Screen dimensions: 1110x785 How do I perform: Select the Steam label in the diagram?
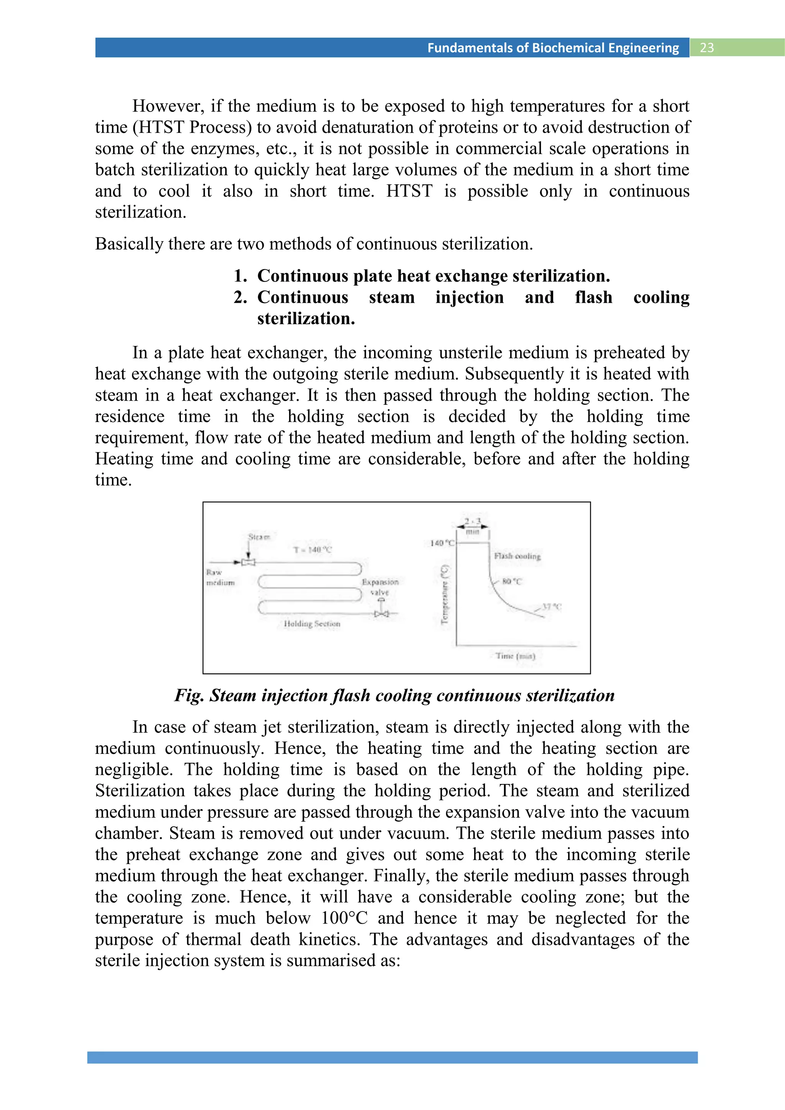(x=259, y=537)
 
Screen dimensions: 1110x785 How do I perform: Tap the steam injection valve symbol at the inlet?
(x=248, y=562)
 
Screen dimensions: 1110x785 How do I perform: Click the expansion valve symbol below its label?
(x=382, y=614)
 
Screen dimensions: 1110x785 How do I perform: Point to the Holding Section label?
(x=312, y=624)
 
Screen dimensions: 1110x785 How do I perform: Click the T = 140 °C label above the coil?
(x=313, y=550)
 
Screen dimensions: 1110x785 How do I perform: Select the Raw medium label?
(x=220, y=577)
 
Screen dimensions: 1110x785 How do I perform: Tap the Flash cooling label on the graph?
(x=517, y=556)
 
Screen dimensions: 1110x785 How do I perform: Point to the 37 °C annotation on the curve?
(x=551, y=606)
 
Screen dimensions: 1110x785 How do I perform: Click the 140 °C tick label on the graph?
(x=442, y=543)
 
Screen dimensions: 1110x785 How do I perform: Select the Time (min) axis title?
(x=515, y=655)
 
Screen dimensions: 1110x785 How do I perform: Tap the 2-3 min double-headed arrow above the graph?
(x=472, y=527)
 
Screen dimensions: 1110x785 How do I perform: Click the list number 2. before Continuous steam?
(x=240, y=297)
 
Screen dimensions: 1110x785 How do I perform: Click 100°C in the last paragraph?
(x=345, y=918)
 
